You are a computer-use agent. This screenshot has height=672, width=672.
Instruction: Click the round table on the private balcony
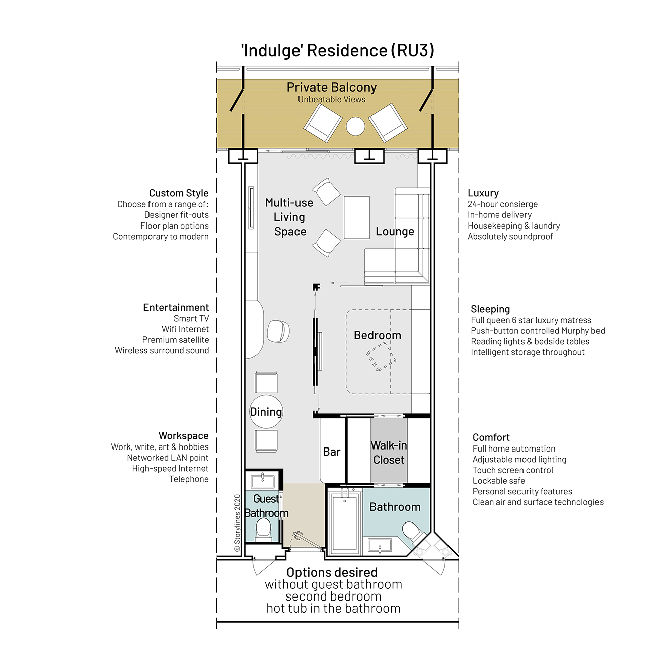click(355, 126)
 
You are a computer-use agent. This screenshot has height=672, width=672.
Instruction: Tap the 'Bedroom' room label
click(378, 335)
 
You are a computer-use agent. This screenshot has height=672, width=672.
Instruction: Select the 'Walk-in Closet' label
click(389, 453)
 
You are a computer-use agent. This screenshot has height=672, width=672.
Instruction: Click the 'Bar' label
click(331, 452)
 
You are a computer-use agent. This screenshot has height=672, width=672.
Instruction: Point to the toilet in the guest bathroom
click(263, 530)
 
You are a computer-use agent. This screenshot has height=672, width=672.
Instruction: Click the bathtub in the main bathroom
click(344, 521)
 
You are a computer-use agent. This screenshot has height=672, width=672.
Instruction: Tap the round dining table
click(266, 411)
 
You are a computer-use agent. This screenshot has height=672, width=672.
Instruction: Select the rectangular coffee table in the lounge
click(356, 217)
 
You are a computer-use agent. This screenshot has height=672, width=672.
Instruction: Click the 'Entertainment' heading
click(176, 307)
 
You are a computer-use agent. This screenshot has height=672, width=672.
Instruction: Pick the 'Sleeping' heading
click(490, 309)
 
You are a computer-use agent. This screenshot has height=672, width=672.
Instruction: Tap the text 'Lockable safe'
click(499, 481)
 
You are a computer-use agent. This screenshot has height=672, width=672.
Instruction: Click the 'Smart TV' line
click(191, 319)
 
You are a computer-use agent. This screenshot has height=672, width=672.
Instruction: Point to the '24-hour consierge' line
click(502, 204)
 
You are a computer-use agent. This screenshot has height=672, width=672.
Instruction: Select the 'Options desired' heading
click(332, 572)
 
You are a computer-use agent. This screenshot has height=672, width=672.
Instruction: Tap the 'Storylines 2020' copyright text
click(237, 523)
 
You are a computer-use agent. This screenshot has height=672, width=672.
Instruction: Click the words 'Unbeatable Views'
click(332, 99)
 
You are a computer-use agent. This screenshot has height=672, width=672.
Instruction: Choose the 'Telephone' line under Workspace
click(189, 479)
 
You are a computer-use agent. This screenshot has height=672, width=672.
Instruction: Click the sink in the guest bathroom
click(263, 481)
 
